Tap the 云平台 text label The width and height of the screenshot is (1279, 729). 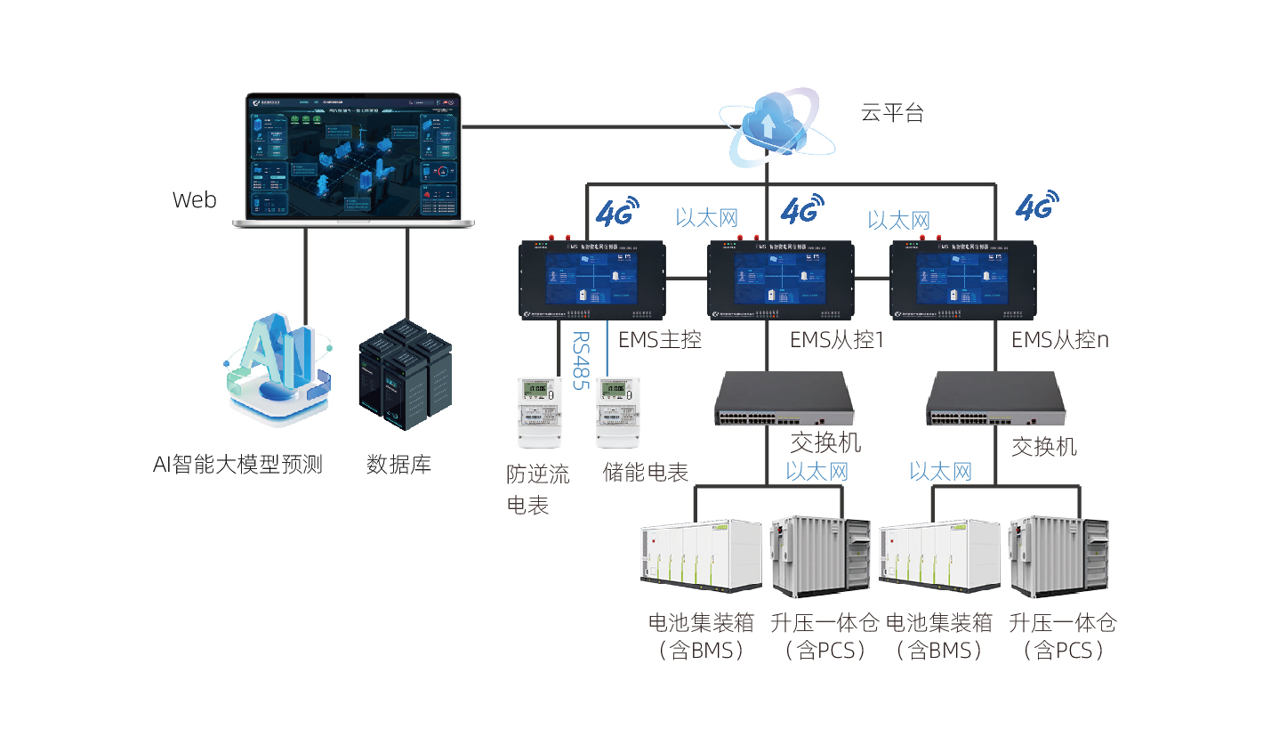[892, 113]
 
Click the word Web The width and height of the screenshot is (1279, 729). [194, 200]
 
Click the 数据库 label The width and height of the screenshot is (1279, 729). [398, 465]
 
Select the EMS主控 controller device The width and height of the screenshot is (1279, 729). [592, 279]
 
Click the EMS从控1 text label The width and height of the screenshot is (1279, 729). [836, 340]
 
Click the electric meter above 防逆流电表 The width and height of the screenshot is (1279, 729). [538, 411]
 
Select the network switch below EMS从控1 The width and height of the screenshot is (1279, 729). [784, 399]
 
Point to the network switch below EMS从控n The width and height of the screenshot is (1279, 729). [995, 399]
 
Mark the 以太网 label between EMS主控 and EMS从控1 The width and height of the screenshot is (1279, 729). [706, 217]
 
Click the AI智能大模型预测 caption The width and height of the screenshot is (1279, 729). [237, 465]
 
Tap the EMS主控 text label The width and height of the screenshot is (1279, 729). [660, 340]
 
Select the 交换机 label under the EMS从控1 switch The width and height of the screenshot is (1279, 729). [825, 442]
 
